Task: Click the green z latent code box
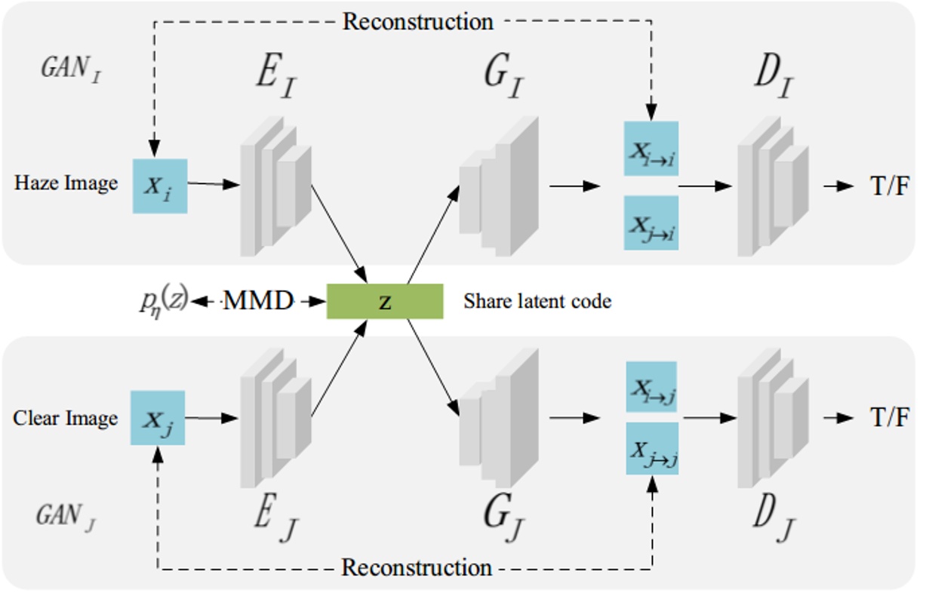[384, 301]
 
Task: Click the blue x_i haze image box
[159, 186]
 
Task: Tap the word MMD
[258, 302]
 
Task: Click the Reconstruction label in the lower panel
[417, 567]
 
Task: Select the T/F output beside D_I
[890, 186]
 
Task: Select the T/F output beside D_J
[890, 417]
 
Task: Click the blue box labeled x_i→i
[651, 149]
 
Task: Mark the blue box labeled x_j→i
[651, 223]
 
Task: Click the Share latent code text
[537, 302]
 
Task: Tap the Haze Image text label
[66, 183]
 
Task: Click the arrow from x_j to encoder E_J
[212, 416]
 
